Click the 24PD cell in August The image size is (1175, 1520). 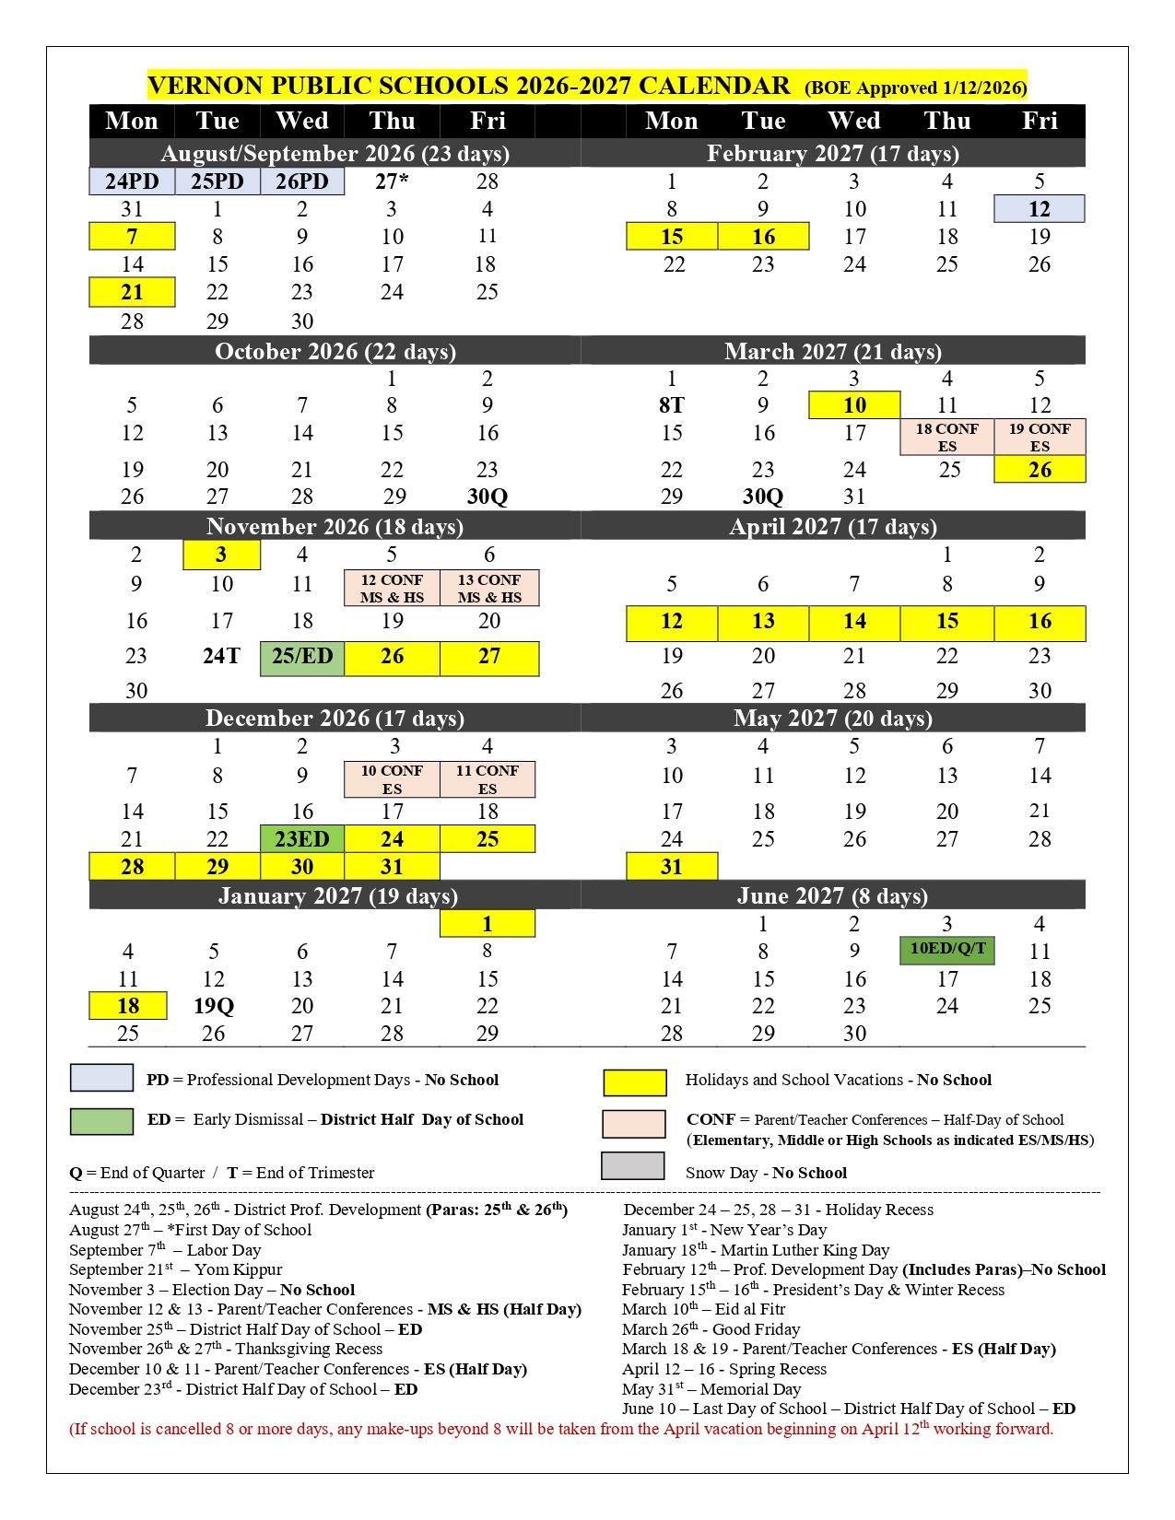(x=132, y=181)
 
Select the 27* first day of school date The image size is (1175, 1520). (x=392, y=181)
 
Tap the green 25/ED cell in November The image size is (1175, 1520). (x=302, y=657)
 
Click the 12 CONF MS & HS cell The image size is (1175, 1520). (x=392, y=588)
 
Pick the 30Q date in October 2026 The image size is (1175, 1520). (x=487, y=497)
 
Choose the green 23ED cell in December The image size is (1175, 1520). (x=302, y=839)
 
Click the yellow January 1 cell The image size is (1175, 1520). (x=487, y=924)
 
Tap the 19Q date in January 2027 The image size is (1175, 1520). (x=214, y=1006)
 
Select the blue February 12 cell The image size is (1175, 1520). (x=1040, y=209)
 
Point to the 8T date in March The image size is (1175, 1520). (x=671, y=405)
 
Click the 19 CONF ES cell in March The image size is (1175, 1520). (x=1040, y=437)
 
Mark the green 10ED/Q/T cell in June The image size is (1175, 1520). (x=947, y=950)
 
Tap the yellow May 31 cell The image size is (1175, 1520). (x=671, y=867)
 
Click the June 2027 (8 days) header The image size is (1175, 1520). (x=832, y=895)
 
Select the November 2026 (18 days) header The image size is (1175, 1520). (x=335, y=526)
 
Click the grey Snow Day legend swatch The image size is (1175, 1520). (x=632, y=1165)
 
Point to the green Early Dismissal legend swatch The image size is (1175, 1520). (x=101, y=1120)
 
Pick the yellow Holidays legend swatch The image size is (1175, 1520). (x=634, y=1082)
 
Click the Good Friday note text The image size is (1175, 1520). (x=711, y=1329)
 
